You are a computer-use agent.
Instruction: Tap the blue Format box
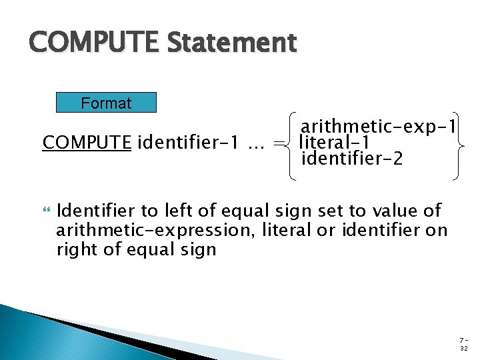[x=106, y=103]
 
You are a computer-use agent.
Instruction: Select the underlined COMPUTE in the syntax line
[x=87, y=143]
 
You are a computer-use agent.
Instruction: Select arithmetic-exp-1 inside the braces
[x=378, y=126]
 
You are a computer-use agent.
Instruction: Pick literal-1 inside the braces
[x=335, y=143]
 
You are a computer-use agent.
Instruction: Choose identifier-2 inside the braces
[x=352, y=159]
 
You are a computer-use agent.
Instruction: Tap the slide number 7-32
[x=463, y=344]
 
